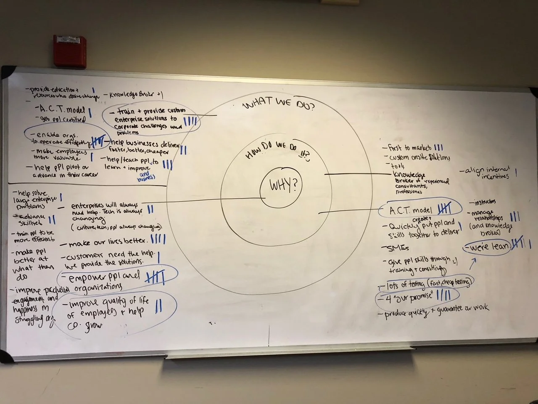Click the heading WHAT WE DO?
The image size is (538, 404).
(279, 104)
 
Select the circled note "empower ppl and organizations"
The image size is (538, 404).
(100, 282)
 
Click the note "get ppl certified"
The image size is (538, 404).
(63, 120)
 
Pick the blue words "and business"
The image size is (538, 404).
(145, 176)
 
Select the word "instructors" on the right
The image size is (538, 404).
(484, 203)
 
